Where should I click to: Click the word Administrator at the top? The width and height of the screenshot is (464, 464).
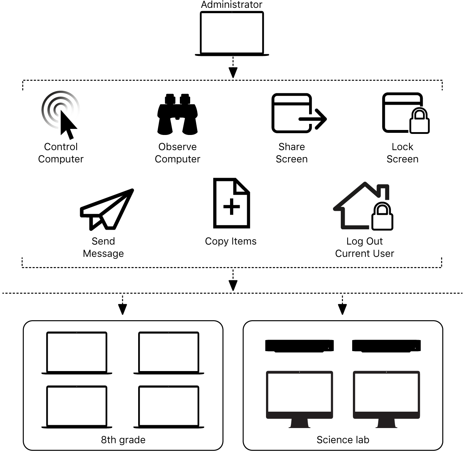(x=231, y=5)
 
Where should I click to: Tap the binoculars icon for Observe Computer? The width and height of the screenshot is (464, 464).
(x=177, y=115)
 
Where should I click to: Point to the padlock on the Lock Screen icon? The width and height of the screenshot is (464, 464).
(x=419, y=121)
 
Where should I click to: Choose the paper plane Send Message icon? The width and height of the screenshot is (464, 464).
(x=106, y=209)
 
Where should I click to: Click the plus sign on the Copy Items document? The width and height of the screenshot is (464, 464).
(x=231, y=207)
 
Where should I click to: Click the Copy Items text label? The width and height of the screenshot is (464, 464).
(x=231, y=241)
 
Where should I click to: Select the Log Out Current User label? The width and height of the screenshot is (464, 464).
(x=365, y=247)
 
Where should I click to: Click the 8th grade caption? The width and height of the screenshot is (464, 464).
(x=123, y=440)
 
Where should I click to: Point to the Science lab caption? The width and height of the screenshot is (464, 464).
(x=343, y=440)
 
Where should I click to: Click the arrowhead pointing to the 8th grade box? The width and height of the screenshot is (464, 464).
(x=122, y=309)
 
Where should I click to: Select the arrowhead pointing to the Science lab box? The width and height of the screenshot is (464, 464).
(x=342, y=309)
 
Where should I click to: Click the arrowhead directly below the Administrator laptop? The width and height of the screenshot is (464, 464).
(x=233, y=73)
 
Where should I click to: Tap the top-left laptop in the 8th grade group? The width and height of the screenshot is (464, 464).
(x=77, y=353)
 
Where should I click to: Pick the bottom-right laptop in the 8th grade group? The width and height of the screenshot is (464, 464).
(x=168, y=407)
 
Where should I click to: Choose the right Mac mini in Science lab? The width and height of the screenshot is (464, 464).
(x=386, y=346)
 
